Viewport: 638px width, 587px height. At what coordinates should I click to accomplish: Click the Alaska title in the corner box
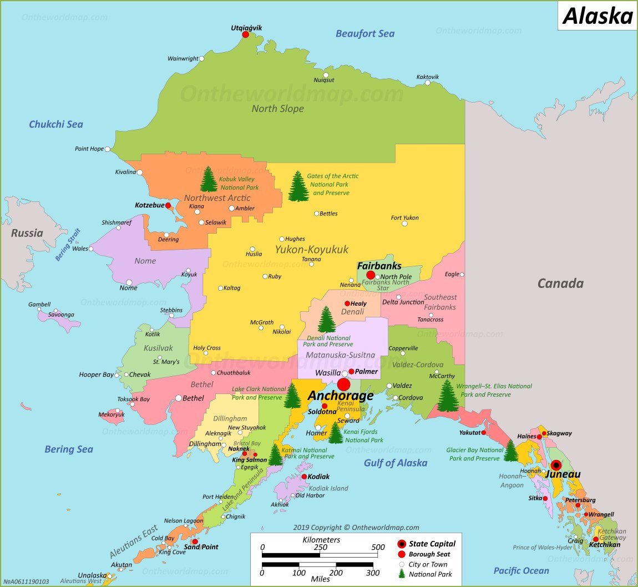click(598, 16)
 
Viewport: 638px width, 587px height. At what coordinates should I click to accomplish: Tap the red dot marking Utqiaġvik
click(246, 34)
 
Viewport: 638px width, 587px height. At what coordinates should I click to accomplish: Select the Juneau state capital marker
click(556, 465)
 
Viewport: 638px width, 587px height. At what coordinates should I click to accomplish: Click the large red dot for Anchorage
click(343, 384)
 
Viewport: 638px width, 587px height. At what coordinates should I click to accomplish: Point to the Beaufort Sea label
click(365, 34)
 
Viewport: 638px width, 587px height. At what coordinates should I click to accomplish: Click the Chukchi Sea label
click(56, 124)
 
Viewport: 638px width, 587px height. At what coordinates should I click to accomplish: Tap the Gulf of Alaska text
click(396, 463)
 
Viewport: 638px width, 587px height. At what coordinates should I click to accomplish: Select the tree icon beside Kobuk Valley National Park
click(209, 179)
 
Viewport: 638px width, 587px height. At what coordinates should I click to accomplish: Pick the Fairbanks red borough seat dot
click(371, 275)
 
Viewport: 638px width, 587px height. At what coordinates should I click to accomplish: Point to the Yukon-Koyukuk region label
click(312, 250)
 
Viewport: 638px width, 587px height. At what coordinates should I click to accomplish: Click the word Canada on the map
click(560, 284)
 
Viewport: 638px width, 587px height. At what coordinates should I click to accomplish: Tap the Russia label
click(27, 233)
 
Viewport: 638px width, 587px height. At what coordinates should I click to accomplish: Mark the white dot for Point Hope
click(108, 149)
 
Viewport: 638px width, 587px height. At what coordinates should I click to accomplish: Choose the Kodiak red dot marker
click(304, 477)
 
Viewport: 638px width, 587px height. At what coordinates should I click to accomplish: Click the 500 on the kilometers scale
click(378, 546)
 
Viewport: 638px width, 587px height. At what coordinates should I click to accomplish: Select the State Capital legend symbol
click(402, 544)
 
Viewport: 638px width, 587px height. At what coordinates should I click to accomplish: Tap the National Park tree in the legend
click(402, 574)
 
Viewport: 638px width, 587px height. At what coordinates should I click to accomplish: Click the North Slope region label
click(277, 108)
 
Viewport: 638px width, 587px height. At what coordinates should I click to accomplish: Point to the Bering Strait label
click(68, 245)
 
